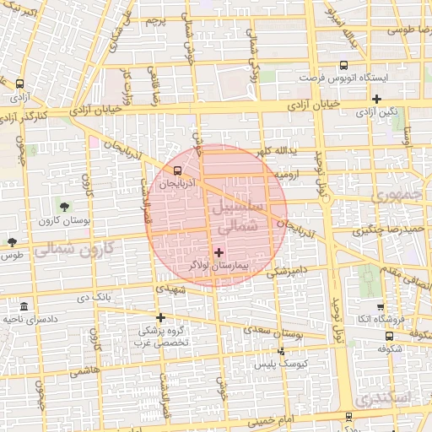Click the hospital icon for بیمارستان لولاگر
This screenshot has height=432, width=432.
click(219, 251)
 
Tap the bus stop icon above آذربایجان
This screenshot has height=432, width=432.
click(165, 169)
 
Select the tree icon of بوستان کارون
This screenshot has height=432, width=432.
click(64, 207)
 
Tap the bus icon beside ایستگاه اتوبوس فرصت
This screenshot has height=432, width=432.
click(343, 65)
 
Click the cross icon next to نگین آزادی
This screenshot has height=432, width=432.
click(376, 99)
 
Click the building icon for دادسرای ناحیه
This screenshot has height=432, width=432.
click(23, 305)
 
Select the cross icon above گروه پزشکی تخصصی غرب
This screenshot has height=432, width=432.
click(160, 317)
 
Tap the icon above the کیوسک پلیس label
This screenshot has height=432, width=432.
click(281, 351)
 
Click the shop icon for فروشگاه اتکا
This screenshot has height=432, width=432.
click(380, 307)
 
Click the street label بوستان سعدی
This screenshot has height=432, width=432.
click(278, 333)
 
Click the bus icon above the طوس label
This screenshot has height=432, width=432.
click(12, 241)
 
